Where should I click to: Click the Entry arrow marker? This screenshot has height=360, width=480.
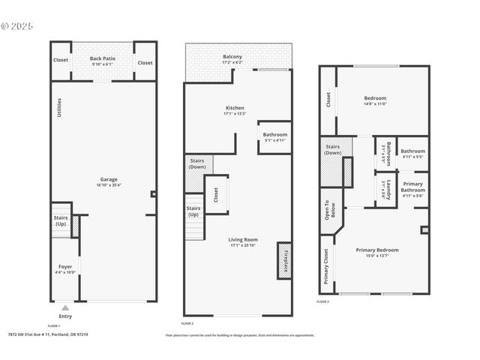(65, 307)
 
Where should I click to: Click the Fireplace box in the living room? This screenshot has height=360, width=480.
(284, 260)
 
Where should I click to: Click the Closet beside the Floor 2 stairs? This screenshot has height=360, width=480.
(216, 195)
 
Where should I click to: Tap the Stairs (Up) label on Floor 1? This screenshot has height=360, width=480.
(61, 220)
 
